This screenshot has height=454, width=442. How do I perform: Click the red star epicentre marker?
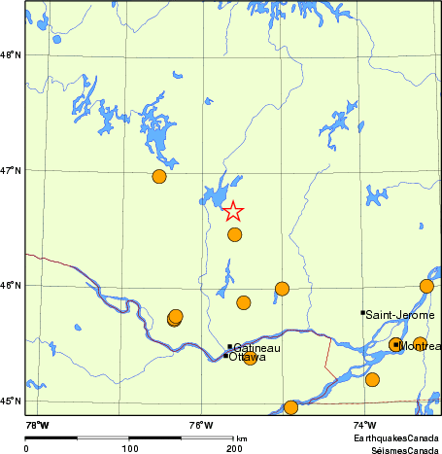point(232,211)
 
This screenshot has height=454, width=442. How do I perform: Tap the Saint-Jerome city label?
point(400,315)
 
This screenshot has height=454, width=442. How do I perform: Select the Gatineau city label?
point(257,347)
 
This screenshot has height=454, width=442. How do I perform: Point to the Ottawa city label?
point(248,357)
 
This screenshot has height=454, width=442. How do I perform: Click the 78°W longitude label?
point(36,424)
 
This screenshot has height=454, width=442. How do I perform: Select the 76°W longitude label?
point(200,424)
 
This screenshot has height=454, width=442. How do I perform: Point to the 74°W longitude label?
point(364,424)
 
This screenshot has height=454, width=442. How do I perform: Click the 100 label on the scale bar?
point(129,448)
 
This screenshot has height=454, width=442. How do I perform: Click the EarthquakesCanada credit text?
point(395,439)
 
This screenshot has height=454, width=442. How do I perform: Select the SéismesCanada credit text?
point(399,449)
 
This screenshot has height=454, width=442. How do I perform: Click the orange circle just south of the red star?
point(234,234)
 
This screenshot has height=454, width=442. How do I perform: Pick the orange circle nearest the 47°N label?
point(159,176)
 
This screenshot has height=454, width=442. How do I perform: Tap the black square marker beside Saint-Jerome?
point(362,313)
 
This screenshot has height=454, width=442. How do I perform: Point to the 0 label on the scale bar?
point(26,448)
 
